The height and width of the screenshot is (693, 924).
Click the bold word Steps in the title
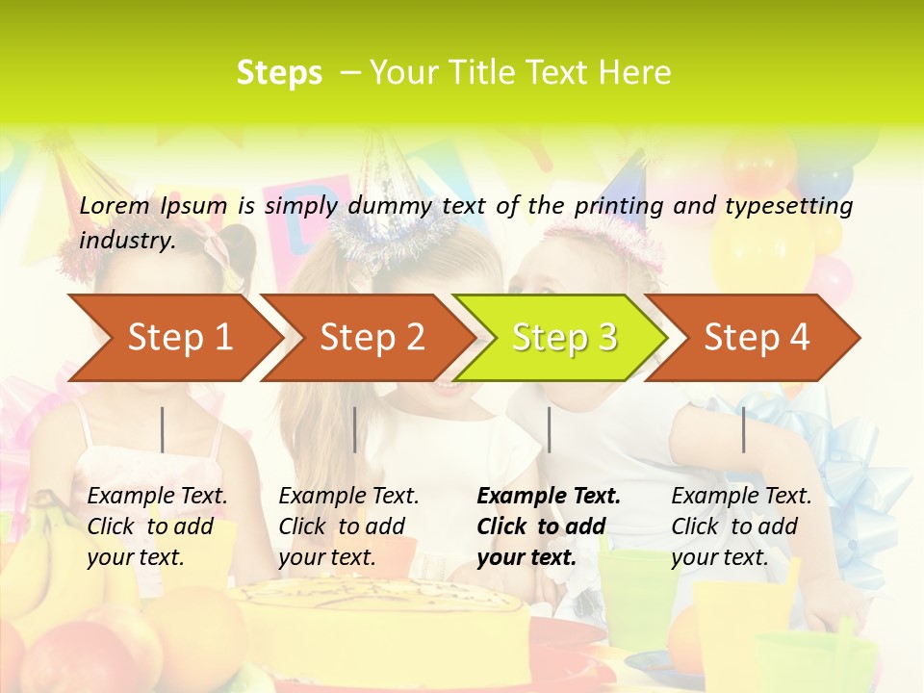click(279, 72)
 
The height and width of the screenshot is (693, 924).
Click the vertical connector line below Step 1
click(163, 429)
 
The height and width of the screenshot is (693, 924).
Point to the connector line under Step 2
click(355, 429)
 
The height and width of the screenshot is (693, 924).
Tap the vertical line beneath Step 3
click(549, 429)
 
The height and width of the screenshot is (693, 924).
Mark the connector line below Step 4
click(743, 429)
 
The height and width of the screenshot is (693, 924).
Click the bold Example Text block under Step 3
click(549, 526)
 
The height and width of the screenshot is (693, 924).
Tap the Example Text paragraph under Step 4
click(741, 526)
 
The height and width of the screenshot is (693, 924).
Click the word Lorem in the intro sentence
click(115, 205)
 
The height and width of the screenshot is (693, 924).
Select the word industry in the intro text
click(126, 240)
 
